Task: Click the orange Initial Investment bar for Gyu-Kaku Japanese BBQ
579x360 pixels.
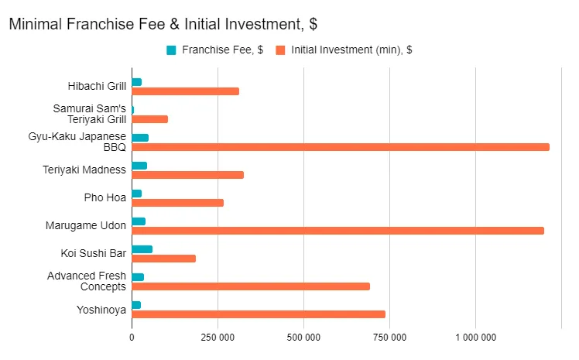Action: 341,147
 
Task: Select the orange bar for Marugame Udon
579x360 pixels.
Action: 337,231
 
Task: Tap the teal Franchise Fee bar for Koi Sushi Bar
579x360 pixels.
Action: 142,249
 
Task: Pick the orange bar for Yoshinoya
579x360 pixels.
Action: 259,314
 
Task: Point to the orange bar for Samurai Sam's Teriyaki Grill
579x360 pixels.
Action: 149,119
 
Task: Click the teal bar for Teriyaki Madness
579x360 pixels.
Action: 139,166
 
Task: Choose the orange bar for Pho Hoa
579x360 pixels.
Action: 177,203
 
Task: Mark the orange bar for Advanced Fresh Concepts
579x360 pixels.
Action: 251,286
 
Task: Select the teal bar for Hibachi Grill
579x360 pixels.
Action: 136,82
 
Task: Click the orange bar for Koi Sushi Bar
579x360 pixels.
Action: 163,259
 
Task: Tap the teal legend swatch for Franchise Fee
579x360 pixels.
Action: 171,50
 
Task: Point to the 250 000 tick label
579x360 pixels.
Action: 218,338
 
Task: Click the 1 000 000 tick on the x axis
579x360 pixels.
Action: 476,338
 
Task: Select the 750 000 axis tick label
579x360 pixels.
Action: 390,338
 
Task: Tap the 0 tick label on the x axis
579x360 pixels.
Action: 132,338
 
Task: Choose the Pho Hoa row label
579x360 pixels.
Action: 105,198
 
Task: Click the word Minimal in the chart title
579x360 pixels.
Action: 36,24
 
